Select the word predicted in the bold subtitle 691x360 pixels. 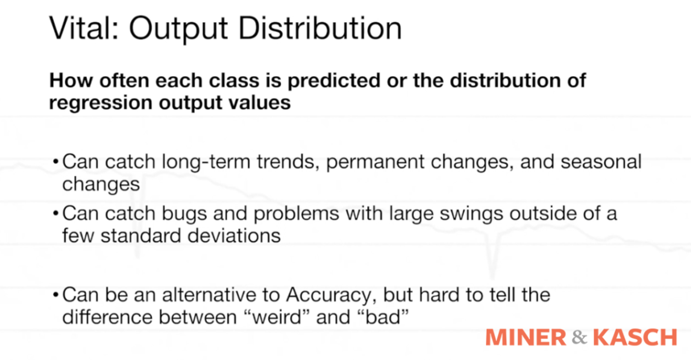click(x=334, y=80)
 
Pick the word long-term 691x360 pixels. click(x=206, y=162)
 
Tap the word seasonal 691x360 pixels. click(x=601, y=162)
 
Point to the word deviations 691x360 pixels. click(x=234, y=236)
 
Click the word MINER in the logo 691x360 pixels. click(x=526, y=338)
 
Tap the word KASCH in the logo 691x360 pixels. click(x=635, y=338)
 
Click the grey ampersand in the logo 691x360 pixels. click(x=579, y=338)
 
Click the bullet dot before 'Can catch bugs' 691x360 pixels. click(x=55, y=214)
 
